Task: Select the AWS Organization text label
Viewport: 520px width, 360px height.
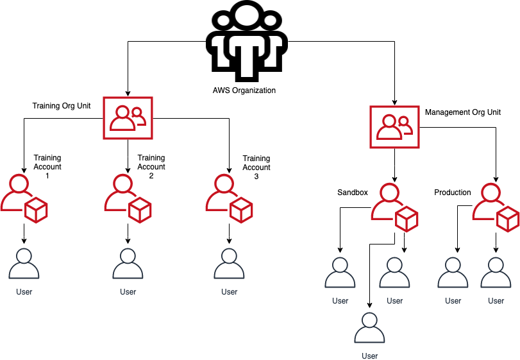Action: click(244, 90)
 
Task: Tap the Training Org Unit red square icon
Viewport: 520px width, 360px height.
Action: click(128, 117)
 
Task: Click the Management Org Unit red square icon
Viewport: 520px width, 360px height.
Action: click(394, 126)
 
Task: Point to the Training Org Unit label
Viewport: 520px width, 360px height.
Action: click(62, 103)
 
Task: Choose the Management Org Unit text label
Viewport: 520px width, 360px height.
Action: click(462, 112)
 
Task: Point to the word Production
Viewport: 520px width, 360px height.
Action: click(453, 193)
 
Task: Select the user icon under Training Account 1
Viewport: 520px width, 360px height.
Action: click(24, 264)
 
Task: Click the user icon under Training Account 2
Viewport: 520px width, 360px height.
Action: click(128, 264)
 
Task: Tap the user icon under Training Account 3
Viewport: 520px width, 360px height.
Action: click(229, 264)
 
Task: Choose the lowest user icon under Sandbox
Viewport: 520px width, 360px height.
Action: click(369, 329)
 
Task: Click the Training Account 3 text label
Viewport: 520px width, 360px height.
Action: click(256, 167)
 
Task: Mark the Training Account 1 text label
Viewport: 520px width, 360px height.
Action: click(47, 167)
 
